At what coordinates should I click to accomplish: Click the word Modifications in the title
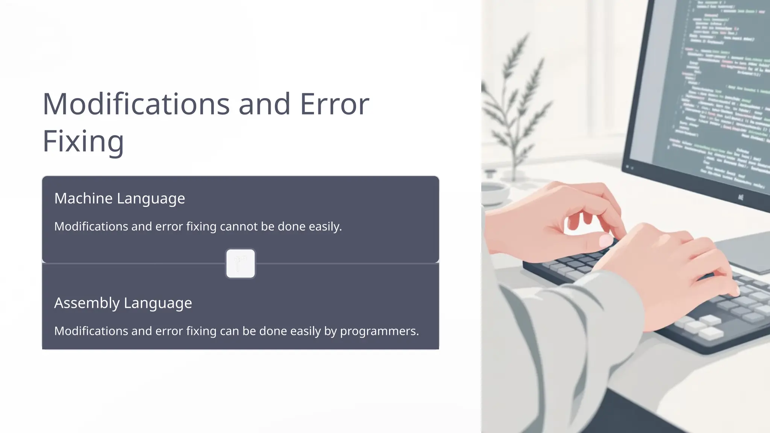click(136, 104)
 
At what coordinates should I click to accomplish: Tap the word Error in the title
click(334, 104)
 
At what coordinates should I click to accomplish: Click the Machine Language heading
click(120, 198)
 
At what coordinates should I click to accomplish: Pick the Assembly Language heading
click(123, 303)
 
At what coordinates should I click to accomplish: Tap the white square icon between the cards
click(241, 263)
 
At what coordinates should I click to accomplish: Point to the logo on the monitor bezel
click(740, 197)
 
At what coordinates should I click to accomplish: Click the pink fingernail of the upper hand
click(605, 240)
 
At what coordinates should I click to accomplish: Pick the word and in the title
click(264, 104)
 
